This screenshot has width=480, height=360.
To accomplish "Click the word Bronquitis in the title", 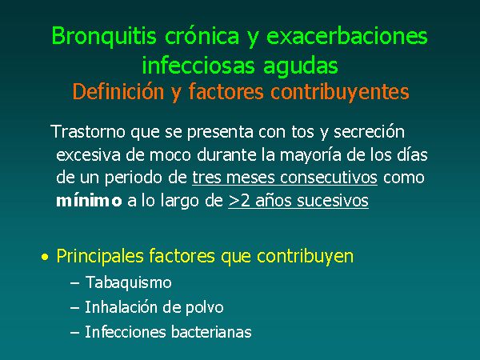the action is tap(104, 37).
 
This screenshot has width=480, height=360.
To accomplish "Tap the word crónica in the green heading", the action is tap(202, 35).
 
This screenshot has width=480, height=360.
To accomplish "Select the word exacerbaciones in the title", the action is tap(347, 35).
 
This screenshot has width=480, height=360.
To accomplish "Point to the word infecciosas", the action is tap(198, 66).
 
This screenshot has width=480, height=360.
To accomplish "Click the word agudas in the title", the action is tap(301, 66).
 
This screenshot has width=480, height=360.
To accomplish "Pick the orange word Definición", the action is tap(118, 91).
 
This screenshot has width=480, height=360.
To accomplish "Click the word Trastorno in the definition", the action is tap(89, 132).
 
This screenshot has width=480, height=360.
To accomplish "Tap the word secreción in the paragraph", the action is tap(369, 132).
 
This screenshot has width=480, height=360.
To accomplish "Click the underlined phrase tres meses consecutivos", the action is tap(285, 178).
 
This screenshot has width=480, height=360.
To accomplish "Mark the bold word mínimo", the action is tap(89, 201).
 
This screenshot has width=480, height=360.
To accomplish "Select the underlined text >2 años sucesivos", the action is tap(298, 201).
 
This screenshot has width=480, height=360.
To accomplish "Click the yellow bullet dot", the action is tap(45, 257).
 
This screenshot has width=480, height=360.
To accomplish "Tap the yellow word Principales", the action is tap(100, 256).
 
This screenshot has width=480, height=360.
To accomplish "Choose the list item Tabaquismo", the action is tap(128, 282).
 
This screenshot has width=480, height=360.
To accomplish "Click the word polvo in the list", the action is tap(205, 307).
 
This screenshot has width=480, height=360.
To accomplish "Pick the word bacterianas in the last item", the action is tap(211, 332).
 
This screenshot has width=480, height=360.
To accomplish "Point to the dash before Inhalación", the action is tap(75, 307).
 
